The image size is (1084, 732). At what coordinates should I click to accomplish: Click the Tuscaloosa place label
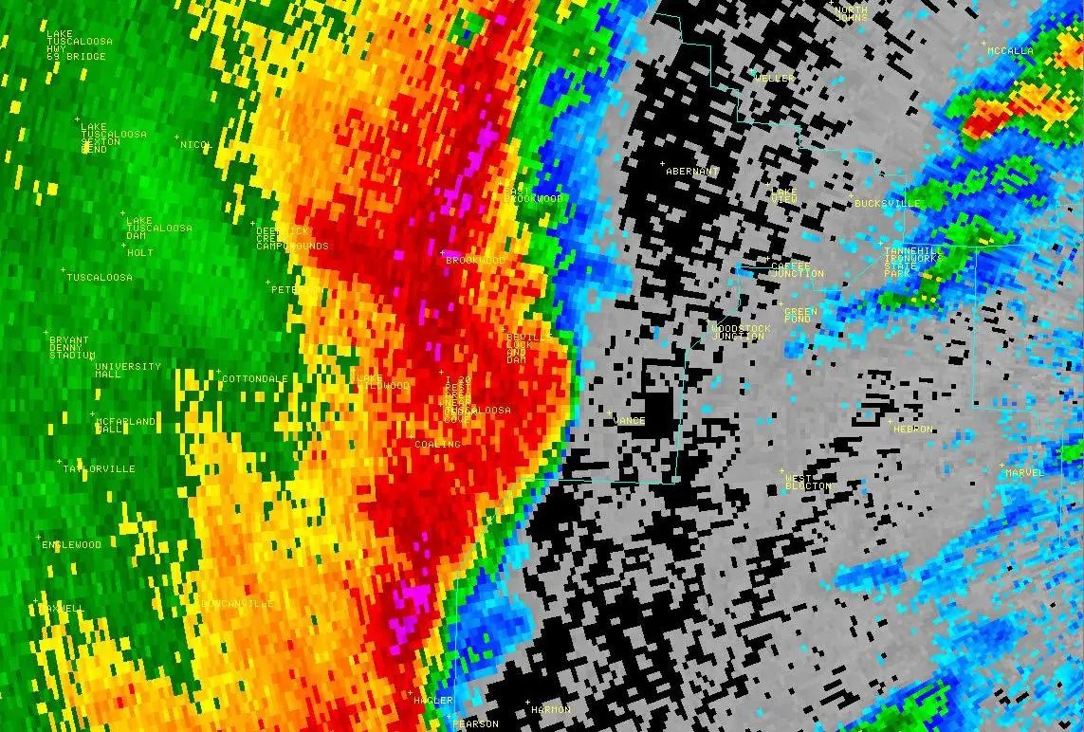(100, 278)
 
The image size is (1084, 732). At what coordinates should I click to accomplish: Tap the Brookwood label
(476, 260)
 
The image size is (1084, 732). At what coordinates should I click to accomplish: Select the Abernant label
(692, 172)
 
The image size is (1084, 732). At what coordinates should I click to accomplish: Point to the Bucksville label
(888, 204)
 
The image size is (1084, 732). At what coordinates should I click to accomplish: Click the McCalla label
(1010, 51)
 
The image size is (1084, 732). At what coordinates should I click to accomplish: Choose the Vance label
(630, 420)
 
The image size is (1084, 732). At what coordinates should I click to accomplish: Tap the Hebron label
(913, 430)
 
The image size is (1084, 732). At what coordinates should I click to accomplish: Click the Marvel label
(1024, 472)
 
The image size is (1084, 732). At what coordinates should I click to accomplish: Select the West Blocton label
(807, 482)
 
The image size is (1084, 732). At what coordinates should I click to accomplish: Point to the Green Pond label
(800, 316)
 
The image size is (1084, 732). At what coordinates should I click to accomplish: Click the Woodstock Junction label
(741, 333)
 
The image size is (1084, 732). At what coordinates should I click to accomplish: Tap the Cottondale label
(254, 379)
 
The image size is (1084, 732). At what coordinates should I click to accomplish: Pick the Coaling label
(437, 445)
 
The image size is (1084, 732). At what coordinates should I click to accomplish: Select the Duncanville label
(237, 604)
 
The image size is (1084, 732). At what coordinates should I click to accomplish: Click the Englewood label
(71, 545)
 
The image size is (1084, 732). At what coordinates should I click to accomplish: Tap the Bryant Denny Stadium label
(71, 348)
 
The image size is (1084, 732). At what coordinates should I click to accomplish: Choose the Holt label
(140, 253)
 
